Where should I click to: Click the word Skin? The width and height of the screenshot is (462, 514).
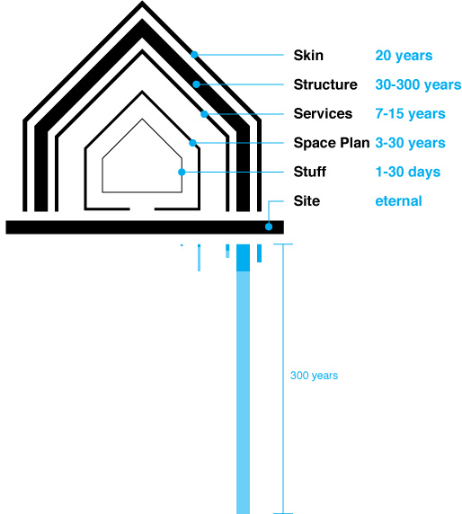[x=308, y=56]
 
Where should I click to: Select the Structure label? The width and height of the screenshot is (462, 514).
[x=325, y=84]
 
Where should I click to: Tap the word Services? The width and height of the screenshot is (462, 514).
[x=323, y=114]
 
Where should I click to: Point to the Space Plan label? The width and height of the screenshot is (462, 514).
[x=332, y=143]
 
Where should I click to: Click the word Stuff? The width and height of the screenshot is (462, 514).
[x=310, y=172]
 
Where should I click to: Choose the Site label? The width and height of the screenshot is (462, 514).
[x=307, y=201]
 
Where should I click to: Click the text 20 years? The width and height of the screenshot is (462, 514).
[x=404, y=56]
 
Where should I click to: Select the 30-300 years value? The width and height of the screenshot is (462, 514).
[x=418, y=84]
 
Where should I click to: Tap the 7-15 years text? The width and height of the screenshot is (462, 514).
[x=410, y=114]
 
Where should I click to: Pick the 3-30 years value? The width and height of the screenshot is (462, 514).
[x=410, y=143]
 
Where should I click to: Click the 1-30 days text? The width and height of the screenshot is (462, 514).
[x=408, y=172]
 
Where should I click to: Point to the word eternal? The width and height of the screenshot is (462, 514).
[x=398, y=201]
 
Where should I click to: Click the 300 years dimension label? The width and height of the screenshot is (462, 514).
[x=314, y=376]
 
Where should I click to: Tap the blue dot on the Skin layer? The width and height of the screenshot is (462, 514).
[x=194, y=55]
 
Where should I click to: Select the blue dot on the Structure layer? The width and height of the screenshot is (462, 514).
[x=196, y=84]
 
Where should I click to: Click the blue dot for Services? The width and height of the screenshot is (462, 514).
[x=204, y=114]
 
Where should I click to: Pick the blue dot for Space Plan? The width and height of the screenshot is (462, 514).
[x=193, y=143]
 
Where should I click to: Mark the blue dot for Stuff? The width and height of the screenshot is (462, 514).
[x=182, y=173]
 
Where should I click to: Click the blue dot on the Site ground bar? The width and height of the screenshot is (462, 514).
[x=269, y=226]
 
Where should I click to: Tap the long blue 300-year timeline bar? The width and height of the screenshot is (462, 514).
[x=243, y=379]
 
